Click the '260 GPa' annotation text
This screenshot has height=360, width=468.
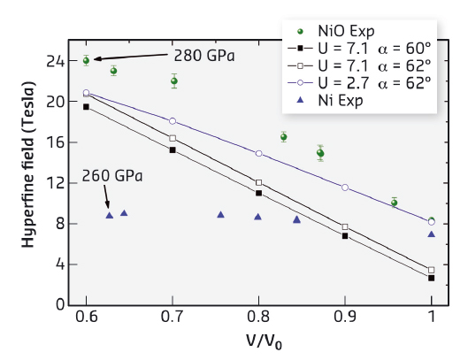pos(112,175)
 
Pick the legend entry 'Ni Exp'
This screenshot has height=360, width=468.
pos(355,100)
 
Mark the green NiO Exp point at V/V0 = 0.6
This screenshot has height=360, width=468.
pos(86,60)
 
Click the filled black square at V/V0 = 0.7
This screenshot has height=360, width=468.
pos(173,149)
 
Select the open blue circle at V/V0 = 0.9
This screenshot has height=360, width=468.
pos(345,188)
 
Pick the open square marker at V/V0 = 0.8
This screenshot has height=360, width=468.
pos(258,182)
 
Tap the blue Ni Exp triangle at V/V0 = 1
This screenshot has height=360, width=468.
pos(431,234)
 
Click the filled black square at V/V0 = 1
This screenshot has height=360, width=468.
pos(431,278)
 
